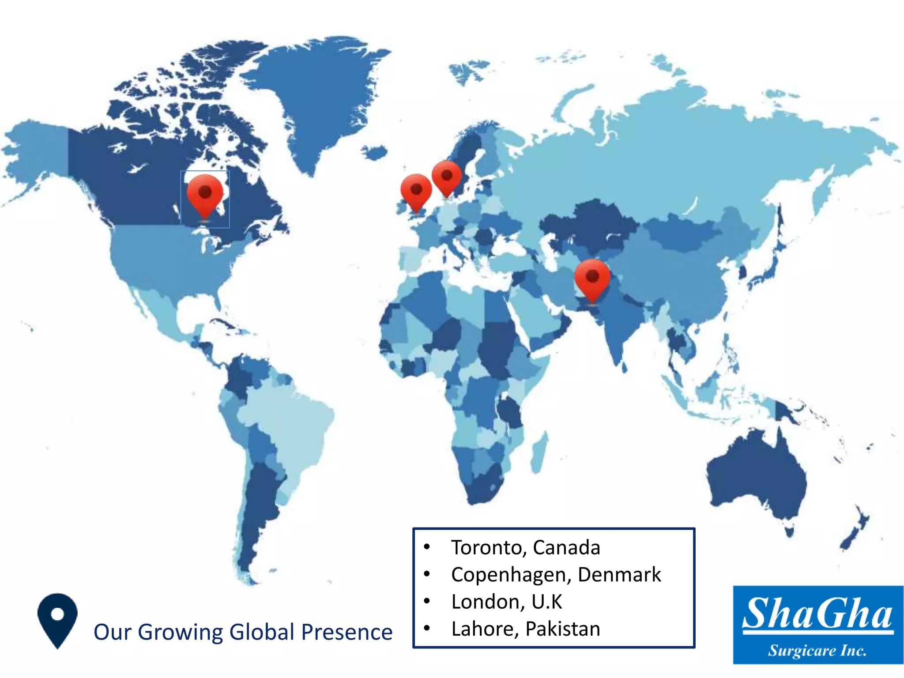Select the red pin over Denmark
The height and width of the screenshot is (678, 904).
pyautogui.click(x=447, y=177)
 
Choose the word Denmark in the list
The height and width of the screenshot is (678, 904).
pyautogui.click(x=619, y=575)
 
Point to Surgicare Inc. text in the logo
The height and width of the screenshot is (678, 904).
pyautogui.click(x=817, y=651)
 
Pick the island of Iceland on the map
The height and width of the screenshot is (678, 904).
pyautogui.click(x=375, y=153)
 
